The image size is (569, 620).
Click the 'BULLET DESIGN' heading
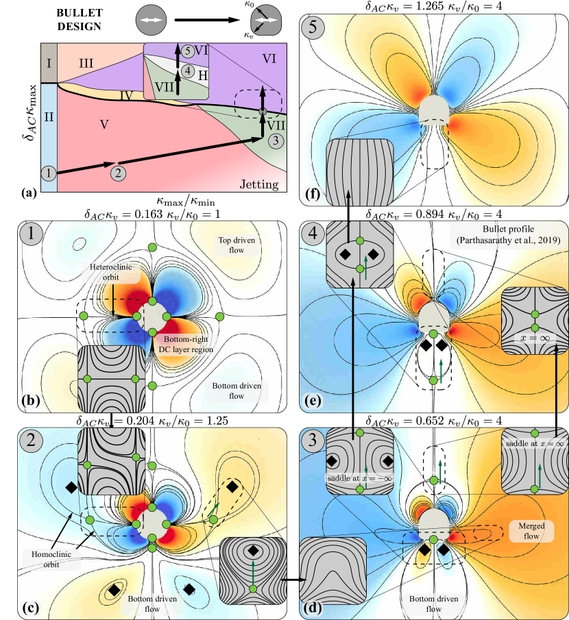[80, 20]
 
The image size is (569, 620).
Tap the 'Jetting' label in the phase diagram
[259, 184]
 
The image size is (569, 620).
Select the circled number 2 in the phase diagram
[118, 173]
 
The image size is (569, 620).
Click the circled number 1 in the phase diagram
[49, 173]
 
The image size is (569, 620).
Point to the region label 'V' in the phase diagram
[104, 125]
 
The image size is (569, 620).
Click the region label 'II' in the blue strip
[49, 117]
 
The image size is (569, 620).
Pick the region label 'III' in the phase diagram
[86, 63]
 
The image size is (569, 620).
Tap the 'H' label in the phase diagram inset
[203, 75]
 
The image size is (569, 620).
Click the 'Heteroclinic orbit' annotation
[111, 272]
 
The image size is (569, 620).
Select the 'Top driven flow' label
[237, 245]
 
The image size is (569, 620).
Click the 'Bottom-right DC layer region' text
[186, 345]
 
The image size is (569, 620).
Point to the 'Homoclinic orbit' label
[51, 559]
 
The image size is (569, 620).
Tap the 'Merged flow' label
[531, 531]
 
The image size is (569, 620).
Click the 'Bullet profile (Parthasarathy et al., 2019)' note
[509, 234]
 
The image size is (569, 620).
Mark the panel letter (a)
[29, 193]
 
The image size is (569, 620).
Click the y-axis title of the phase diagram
[29, 112]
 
